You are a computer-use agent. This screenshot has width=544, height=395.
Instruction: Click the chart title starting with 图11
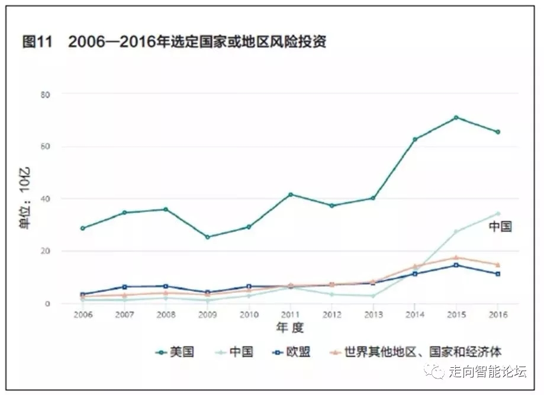(174, 43)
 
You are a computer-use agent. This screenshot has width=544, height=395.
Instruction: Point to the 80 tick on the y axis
(46, 94)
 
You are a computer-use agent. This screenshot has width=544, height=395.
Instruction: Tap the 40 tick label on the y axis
(46, 199)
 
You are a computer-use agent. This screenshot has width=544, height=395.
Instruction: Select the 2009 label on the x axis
(207, 314)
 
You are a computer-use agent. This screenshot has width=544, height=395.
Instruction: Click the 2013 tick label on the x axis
(373, 314)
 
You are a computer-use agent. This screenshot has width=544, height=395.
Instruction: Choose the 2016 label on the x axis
(497, 314)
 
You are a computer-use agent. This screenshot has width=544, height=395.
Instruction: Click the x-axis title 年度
(289, 327)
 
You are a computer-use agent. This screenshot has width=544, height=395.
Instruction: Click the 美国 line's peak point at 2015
(456, 117)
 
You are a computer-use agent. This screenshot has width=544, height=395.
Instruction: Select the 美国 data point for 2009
(207, 237)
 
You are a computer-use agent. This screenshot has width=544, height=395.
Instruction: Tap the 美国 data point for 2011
(290, 194)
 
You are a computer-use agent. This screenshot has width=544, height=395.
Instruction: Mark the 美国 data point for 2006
(83, 228)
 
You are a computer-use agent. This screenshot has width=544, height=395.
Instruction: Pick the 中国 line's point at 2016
(498, 213)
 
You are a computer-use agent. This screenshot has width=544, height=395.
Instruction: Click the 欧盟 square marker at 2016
(498, 274)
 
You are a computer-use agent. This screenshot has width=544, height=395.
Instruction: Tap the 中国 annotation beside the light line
(500, 227)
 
